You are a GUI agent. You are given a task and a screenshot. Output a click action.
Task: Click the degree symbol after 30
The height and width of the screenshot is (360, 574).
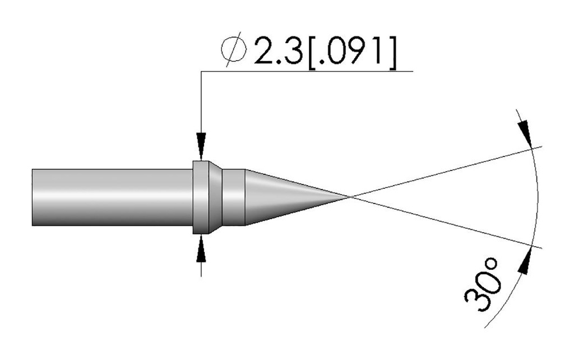pyautogui.click(x=490, y=265)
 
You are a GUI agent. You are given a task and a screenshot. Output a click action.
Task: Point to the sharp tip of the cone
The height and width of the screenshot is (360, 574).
pyautogui.click(x=351, y=197)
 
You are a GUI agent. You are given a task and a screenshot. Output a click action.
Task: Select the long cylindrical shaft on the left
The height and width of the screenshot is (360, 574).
pyautogui.click(x=112, y=197)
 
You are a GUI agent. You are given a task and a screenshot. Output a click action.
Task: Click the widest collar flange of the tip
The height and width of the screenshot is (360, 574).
pyautogui.click(x=201, y=197)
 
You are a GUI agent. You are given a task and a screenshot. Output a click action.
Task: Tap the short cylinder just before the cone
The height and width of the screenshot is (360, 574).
pyautogui.click(x=234, y=197)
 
